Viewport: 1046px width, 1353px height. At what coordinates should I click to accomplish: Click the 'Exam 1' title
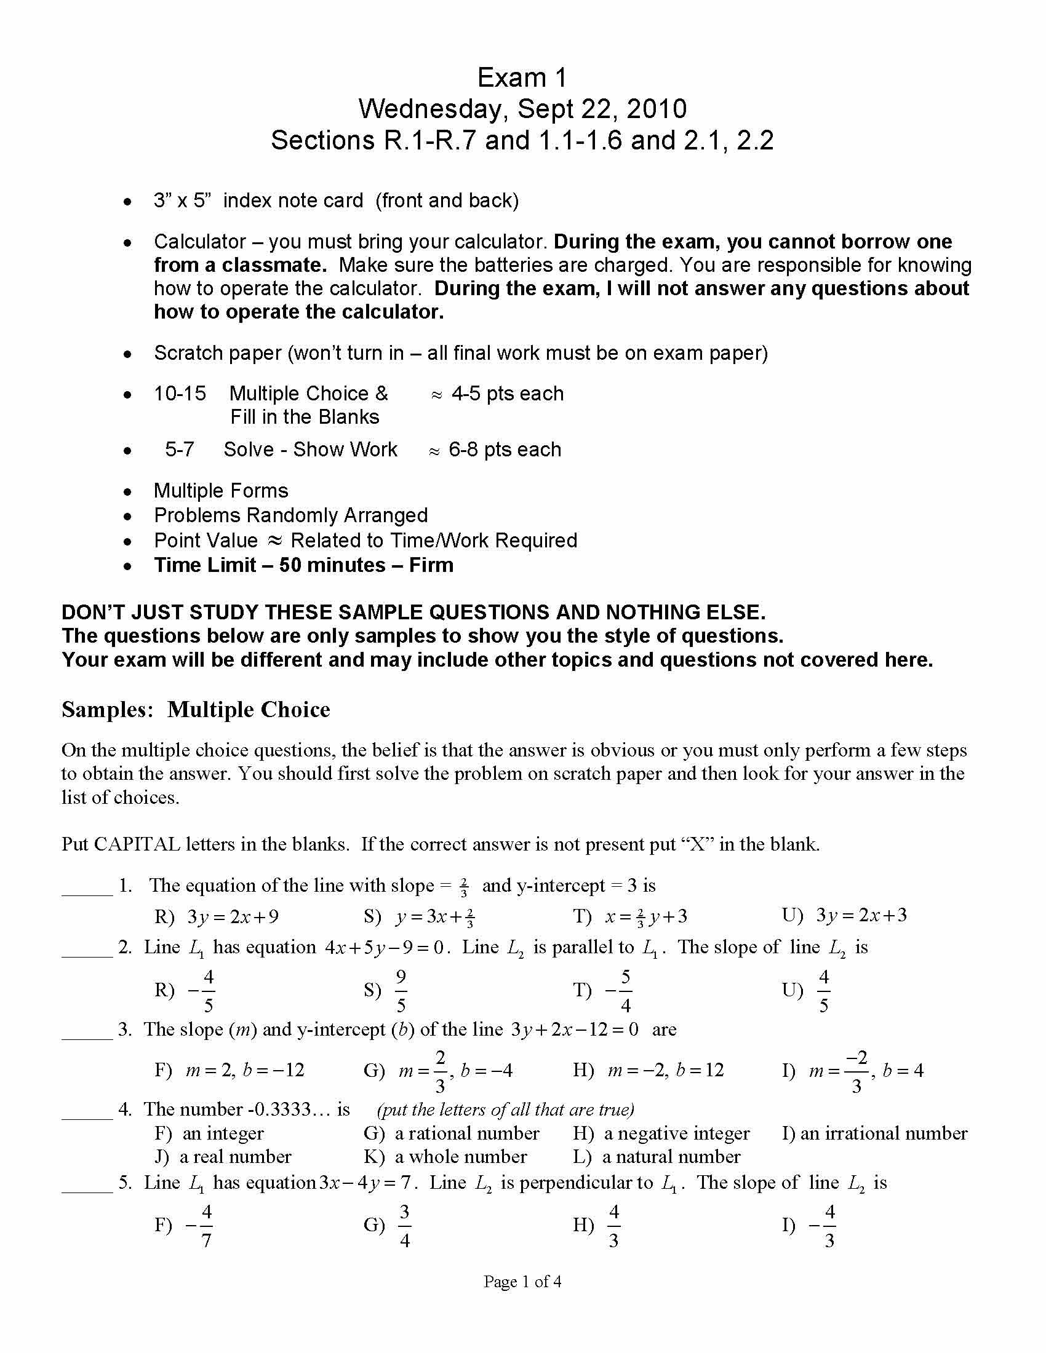click(x=522, y=78)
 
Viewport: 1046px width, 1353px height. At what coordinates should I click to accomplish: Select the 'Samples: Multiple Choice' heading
click(x=196, y=709)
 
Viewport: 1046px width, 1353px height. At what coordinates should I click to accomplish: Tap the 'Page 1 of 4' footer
click(x=522, y=1282)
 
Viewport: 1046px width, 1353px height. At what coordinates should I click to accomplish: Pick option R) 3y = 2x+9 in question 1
click(x=217, y=916)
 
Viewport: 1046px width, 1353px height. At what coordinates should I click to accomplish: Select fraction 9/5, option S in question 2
click(x=401, y=990)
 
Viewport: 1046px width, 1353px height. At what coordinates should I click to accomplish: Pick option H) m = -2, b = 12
click(x=648, y=1070)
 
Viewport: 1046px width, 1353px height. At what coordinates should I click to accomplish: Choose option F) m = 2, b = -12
click(x=230, y=1070)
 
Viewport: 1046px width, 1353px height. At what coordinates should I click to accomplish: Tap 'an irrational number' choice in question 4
click(x=875, y=1133)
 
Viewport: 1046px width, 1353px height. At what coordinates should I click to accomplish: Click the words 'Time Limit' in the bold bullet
click(x=204, y=565)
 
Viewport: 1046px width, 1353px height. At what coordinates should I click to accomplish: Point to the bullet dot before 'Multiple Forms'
click(x=127, y=492)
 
